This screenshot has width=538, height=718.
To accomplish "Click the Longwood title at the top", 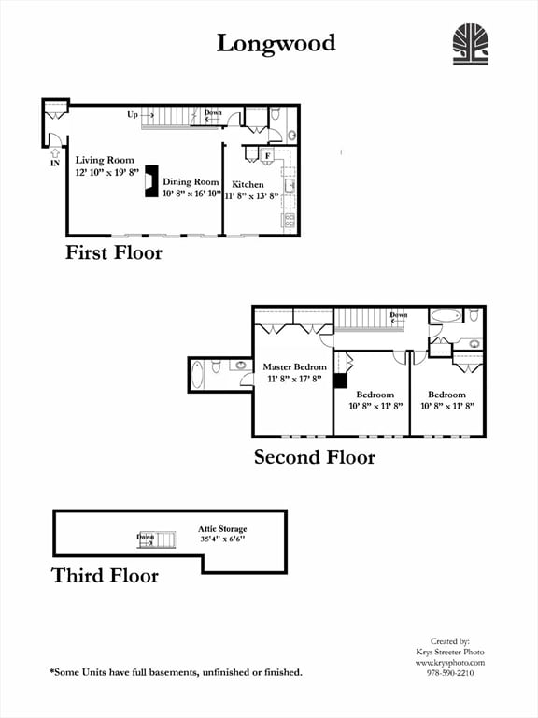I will [276, 43].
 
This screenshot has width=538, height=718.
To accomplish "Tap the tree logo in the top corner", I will [471, 44].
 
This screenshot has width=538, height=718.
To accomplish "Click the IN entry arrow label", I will [53, 162].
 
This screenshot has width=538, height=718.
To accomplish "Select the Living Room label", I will [104, 160].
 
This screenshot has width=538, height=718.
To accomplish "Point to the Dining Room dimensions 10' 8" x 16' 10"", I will [191, 194].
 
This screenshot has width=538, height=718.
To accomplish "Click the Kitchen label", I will [248, 184].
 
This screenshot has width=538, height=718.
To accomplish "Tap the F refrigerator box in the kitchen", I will [267, 156].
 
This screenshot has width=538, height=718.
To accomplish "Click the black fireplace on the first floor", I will [149, 182].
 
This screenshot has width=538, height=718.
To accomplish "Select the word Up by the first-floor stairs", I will [134, 115].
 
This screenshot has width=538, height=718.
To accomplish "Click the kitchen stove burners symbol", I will [290, 221].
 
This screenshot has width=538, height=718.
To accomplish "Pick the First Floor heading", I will [114, 252].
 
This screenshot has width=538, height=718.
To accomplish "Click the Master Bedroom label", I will [294, 366].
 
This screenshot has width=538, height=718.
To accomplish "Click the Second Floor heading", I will [315, 457].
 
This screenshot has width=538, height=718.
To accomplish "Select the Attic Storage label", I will [222, 529].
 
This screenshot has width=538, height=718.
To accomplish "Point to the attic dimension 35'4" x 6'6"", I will [222, 539].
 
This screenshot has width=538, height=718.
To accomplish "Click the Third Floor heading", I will [105, 576].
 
